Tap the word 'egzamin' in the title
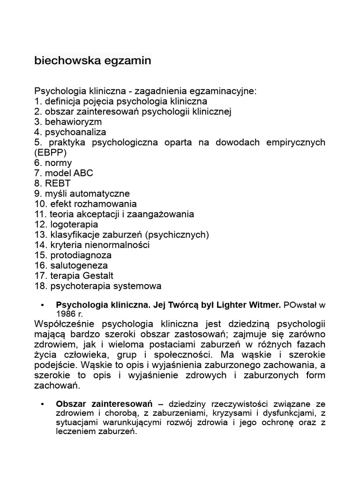coord(128,61)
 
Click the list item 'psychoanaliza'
coord(75,132)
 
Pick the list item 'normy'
coord(58,163)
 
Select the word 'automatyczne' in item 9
coord(102,194)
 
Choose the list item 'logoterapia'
coord(74,225)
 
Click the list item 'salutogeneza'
coord(78,266)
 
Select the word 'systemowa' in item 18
coord(138,286)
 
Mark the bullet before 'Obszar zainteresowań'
coord(43,404)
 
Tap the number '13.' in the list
coord(40,235)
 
